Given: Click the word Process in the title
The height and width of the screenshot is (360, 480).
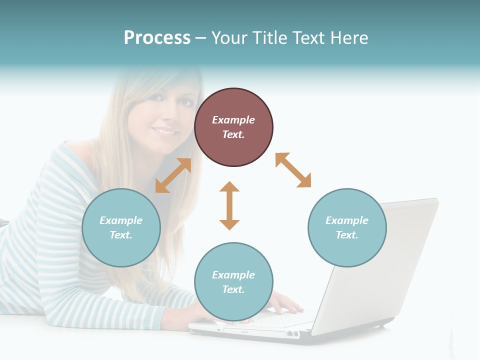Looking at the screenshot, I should click(157, 38).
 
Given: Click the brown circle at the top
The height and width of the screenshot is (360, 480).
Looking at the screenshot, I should click(233, 127).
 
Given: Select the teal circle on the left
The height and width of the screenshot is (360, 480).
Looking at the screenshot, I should click(121, 227).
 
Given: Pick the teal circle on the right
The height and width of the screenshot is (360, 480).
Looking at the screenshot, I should click(347, 227).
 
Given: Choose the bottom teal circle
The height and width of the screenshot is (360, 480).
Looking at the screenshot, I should click(233, 282).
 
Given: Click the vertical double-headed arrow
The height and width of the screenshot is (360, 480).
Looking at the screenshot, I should click(229, 205).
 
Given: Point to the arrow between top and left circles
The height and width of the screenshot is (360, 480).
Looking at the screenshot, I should click(173, 175).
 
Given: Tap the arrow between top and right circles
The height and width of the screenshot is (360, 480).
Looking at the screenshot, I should click(293, 170).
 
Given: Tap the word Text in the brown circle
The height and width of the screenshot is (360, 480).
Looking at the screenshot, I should click(233, 134).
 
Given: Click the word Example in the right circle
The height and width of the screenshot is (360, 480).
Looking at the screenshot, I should click(347, 220).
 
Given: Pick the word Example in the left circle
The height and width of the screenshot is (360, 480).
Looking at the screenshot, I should click(121, 220).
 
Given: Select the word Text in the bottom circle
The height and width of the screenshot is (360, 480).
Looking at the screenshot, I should click(233, 289).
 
